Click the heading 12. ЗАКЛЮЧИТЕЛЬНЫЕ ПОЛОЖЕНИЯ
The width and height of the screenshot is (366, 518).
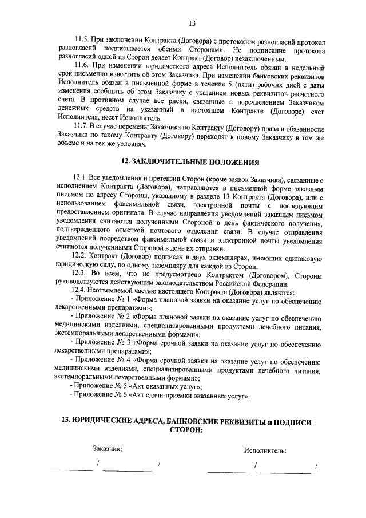(184, 162)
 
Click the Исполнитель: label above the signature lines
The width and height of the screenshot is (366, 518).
(265, 450)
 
